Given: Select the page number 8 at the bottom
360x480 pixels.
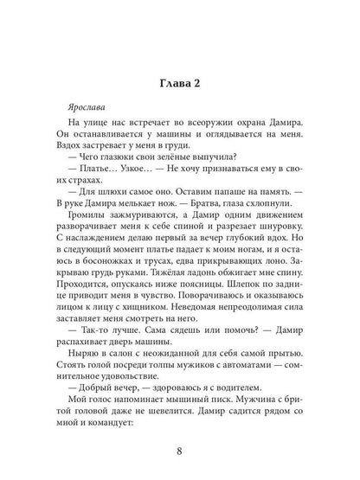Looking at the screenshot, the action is [x=179, y=449].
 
